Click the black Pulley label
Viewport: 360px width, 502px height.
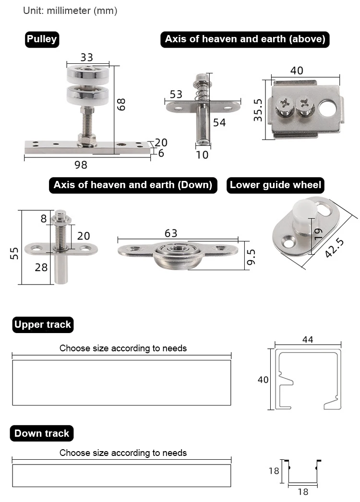(x=42, y=39)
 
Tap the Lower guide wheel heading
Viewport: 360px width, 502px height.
(x=275, y=185)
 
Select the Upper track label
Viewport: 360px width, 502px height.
(x=42, y=325)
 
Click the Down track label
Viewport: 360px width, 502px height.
(x=41, y=434)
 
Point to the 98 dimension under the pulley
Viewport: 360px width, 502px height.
(x=81, y=165)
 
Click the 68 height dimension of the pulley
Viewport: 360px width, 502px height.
(x=122, y=104)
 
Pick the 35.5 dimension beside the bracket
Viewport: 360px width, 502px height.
(x=258, y=110)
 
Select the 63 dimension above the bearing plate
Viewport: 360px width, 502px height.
(x=171, y=233)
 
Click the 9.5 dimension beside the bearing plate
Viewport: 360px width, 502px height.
(x=251, y=256)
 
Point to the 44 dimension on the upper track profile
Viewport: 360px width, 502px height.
(x=308, y=339)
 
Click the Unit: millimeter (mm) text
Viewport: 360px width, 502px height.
(x=70, y=11)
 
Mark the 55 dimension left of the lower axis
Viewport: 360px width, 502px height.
(x=14, y=253)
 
